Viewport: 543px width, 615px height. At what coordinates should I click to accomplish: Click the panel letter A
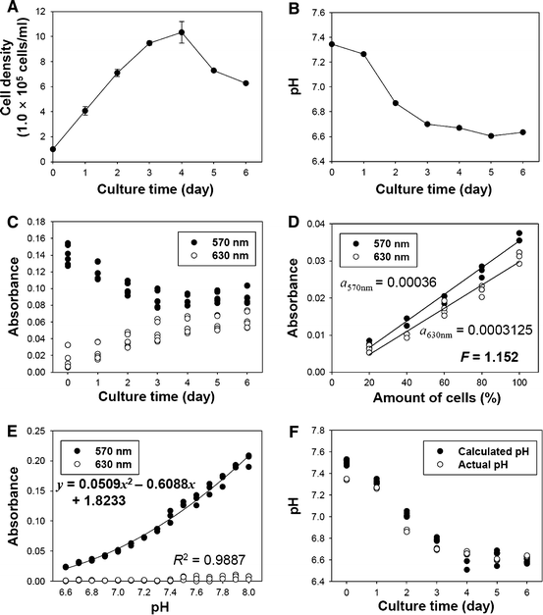click(x=8, y=8)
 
